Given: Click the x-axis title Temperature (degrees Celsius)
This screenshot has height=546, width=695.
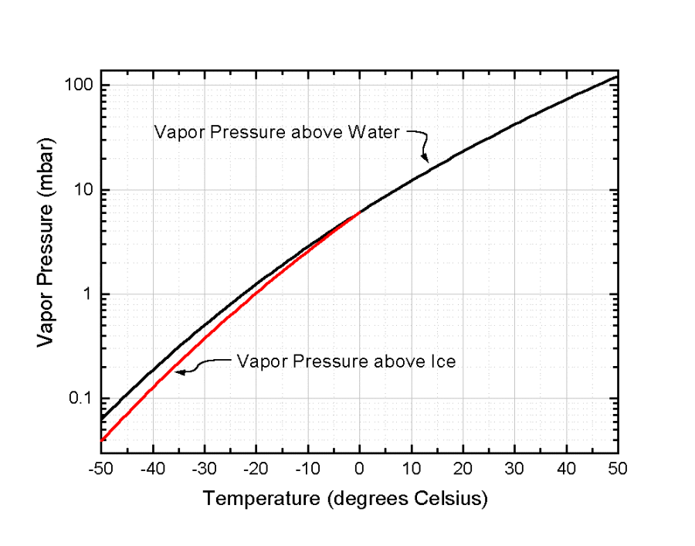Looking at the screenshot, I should [345, 499].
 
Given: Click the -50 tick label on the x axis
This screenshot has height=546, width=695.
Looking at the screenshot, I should [101, 470].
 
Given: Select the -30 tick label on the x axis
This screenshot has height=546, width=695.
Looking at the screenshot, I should [204, 470].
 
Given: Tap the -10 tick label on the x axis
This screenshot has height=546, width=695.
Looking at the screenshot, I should [307, 470].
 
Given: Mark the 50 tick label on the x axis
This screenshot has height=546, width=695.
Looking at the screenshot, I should [618, 470].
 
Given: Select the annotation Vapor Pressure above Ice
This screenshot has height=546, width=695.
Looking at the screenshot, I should [346, 361].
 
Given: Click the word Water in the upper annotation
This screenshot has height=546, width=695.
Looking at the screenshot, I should [377, 131].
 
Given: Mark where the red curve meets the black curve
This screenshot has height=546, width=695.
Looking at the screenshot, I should [358, 212].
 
